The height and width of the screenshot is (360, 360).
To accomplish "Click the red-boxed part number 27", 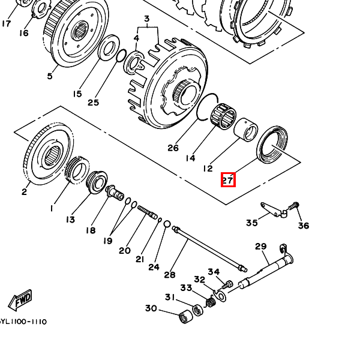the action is pyautogui.click(x=228, y=180).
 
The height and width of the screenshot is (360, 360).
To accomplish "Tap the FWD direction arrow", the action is pyautogui.click(x=20, y=300).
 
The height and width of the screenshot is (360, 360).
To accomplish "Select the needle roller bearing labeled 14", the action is pyautogui.click(x=223, y=116).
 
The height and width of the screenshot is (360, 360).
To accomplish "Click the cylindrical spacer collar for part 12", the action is pyautogui.click(x=245, y=130).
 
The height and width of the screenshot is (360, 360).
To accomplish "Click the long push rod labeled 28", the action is pyautogui.click(x=209, y=249).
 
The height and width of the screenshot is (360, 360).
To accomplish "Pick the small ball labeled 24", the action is pyautogui.click(x=167, y=224).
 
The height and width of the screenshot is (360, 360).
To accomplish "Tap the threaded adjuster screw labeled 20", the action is pyautogui.click(x=148, y=212).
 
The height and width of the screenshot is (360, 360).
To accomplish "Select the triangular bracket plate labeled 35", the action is pyautogui.click(x=274, y=210).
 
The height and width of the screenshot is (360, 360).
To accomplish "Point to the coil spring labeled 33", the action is pyautogui.click(x=211, y=301).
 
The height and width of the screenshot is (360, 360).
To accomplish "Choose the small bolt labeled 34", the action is pyautogui.click(x=227, y=285).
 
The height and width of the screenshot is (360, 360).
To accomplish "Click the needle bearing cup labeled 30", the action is pyautogui.click(x=186, y=316).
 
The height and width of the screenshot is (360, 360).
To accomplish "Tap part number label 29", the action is pyautogui.click(x=261, y=247).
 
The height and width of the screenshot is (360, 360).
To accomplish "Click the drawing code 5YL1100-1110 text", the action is pyautogui.click(x=23, y=322).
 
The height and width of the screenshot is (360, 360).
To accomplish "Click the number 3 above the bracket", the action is pyautogui.click(x=147, y=19).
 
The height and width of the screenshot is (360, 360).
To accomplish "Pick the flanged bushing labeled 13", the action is pyautogui.click(x=97, y=182).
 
